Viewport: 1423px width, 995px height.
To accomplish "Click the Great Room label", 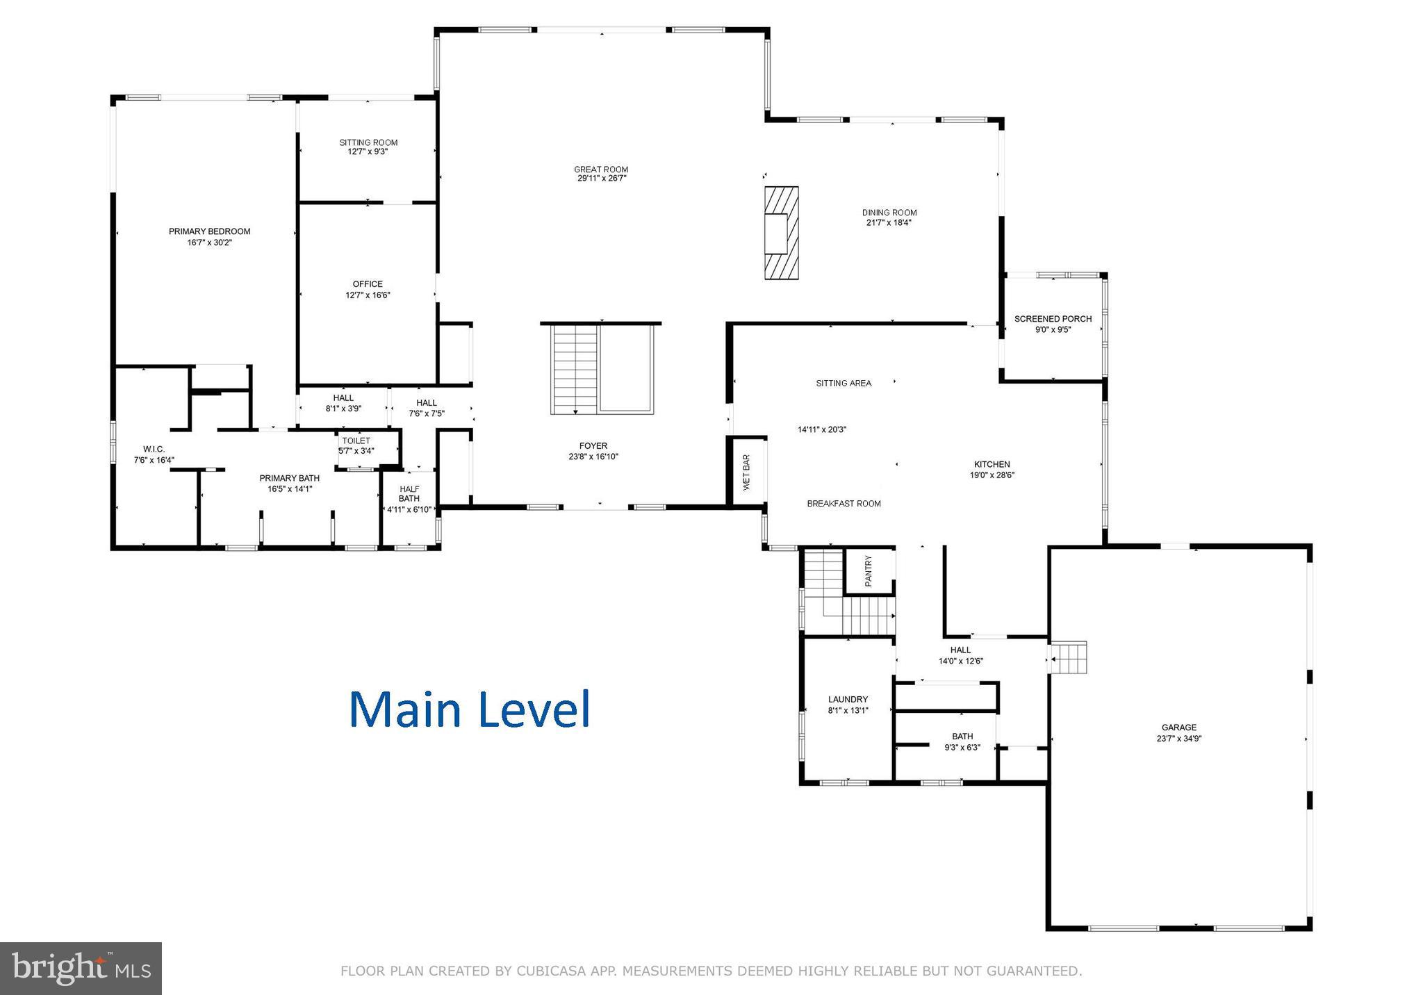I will click(601, 170).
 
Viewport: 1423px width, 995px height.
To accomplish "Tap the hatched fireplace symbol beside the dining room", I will click(781, 233).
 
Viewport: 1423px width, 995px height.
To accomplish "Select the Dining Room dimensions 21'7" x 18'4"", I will click(889, 223).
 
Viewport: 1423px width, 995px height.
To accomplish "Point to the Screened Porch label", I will click(1053, 319).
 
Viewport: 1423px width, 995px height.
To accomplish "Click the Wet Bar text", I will click(746, 472).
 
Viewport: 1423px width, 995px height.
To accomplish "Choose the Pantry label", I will click(869, 570).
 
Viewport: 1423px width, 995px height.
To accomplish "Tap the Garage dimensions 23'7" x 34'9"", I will click(1178, 739).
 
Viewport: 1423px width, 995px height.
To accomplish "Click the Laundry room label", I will click(848, 699).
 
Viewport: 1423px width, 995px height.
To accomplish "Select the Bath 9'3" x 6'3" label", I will click(962, 737).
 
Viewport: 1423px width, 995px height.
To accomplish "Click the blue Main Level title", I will click(469, 709).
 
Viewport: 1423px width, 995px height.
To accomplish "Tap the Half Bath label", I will click(409, 493).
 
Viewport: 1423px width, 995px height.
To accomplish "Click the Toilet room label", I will click(356, 441).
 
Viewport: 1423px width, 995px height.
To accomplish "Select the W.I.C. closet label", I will click(154, 449).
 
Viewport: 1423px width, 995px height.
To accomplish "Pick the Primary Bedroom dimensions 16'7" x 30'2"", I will click(209, 242).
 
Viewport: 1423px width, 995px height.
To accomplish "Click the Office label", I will click(368, 283).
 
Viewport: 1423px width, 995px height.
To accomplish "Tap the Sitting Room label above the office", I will click(368, 142).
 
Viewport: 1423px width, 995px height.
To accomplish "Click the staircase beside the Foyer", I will click(575, 368).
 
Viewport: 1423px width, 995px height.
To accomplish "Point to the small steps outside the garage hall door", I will click(1069, 657).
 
